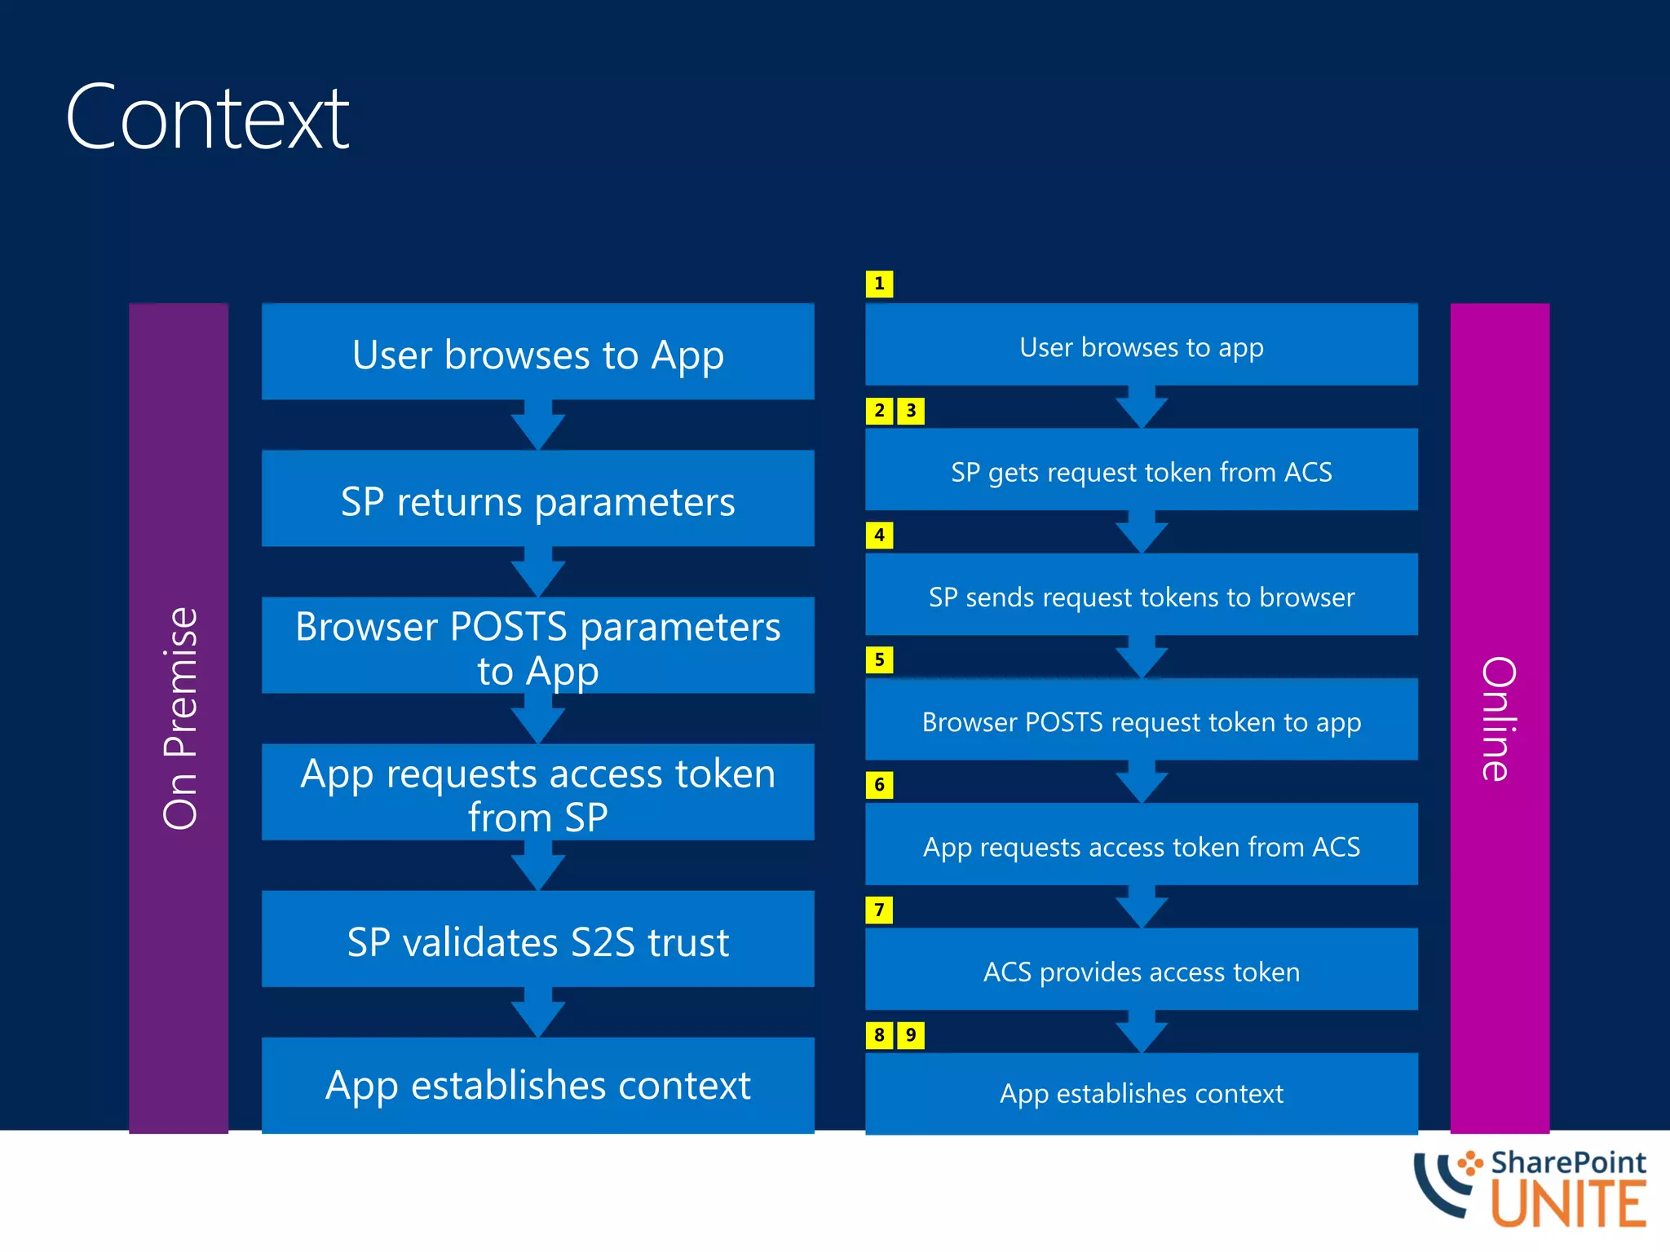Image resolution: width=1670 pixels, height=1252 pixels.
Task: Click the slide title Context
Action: (207, 118)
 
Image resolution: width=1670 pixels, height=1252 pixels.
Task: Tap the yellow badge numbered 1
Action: (879, 284)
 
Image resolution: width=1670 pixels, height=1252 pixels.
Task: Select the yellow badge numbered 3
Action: (911, 411)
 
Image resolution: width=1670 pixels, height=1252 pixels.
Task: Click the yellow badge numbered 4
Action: (879, 536)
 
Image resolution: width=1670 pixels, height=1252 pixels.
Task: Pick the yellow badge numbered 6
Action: (879, 785)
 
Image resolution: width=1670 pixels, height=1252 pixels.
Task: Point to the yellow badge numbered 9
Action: (911, 1035)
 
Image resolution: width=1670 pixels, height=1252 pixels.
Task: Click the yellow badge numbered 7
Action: (879, 910)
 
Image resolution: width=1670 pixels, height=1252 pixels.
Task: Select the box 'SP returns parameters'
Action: (537, 499)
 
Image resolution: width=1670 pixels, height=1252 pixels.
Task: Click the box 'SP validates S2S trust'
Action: (537, 939)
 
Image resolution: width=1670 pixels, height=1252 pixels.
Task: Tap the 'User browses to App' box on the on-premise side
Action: (537, 352)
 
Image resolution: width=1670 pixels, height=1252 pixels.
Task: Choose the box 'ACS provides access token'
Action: (1141, 970)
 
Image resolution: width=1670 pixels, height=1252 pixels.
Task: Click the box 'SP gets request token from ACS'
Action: (1141, 470)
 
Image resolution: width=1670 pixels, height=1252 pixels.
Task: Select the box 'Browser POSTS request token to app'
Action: (1141, 720)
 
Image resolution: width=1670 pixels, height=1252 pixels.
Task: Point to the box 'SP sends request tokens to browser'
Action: (1141, 595)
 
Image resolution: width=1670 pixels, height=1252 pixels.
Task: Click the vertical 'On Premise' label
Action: (179, 717)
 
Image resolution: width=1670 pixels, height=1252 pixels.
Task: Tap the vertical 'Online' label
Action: (1499, 717)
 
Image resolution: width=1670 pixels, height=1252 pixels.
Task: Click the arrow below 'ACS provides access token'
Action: (1142, 1032)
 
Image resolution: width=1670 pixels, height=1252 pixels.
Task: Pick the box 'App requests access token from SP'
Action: (537, 792)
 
